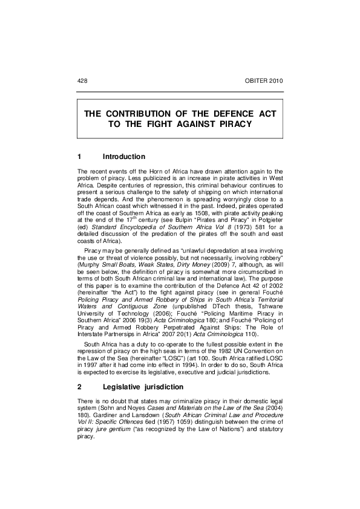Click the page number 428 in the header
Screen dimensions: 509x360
click(83, 80)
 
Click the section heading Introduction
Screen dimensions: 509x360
click(124, 157)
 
